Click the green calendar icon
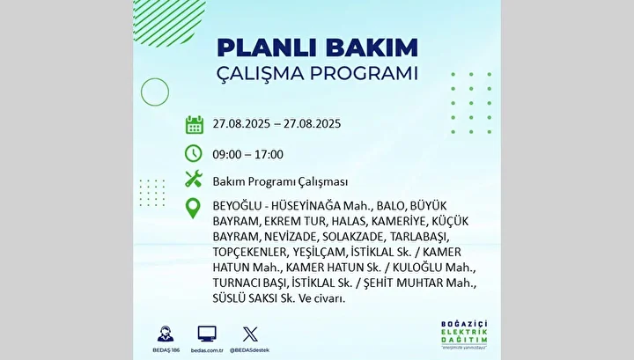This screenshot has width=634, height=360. click(195, 124)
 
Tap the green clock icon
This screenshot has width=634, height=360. click(194, 153)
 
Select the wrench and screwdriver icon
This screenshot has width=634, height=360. click(194, 179)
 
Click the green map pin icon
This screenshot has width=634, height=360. click(193, 209)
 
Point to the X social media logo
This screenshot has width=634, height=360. click(250, 334)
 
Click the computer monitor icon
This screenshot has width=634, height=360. click(207, 334)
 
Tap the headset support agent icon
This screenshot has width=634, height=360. click(166, 334)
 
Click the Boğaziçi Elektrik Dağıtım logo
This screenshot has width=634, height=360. click(464, 334)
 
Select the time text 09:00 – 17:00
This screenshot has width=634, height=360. click(247, 154)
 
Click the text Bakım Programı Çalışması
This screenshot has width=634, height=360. click(280, 182)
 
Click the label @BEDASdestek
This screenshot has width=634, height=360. click(249, 350)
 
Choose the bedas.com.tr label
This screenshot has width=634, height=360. click(207, 350)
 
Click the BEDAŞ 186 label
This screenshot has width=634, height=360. click(166, 350)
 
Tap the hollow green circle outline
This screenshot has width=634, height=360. click(155, 78)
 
